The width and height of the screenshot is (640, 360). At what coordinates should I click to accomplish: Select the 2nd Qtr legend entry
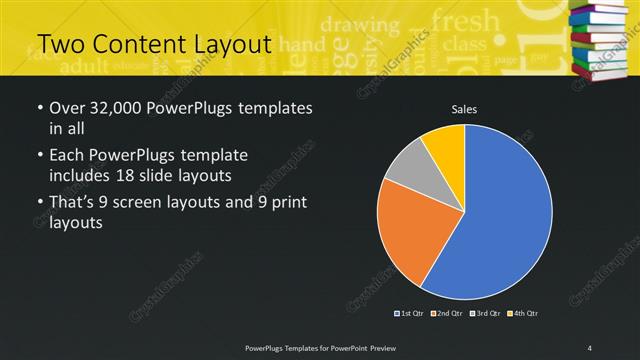click(448, 313)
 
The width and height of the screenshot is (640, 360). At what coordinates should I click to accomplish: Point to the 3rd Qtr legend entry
click(486, 313)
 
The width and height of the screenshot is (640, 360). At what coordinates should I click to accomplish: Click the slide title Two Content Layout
click(154, 44)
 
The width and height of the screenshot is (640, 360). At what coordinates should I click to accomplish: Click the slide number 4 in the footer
click(590, 347)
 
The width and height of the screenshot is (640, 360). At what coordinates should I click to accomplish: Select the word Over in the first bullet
click(67, 108)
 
